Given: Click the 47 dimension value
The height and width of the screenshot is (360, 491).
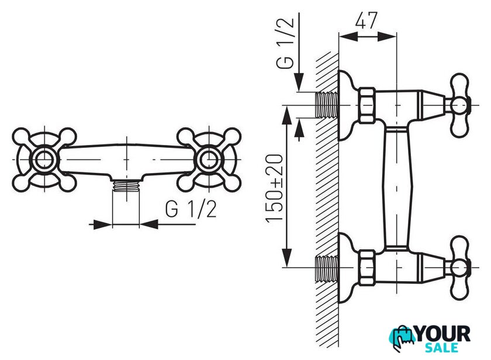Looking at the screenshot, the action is tap(366, 20).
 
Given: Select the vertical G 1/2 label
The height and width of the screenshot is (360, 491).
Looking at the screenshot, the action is tap(285, 43).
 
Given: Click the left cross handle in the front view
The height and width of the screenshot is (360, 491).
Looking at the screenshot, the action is tap(44, 160).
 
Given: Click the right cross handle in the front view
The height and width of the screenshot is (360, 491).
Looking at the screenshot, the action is tap(209, 160).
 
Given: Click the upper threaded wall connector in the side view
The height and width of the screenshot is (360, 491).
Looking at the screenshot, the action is tap(327, 105).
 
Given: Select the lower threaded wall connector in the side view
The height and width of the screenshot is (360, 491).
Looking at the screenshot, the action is tap(327, 268).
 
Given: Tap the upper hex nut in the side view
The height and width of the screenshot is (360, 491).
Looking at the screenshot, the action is tap(367, 105).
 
